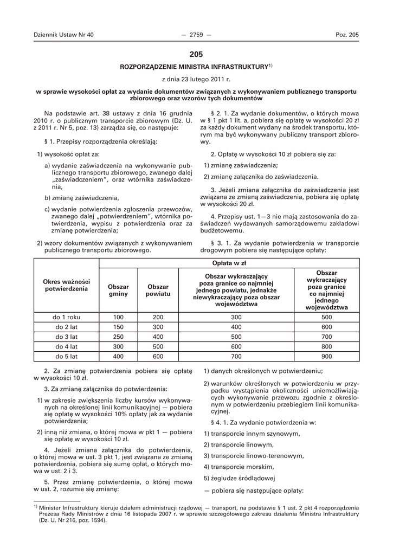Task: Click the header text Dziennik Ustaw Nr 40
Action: click(x=63, y=35)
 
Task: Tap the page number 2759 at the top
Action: click(x=196, y=35)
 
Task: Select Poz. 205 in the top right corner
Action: click(x=347, y=35)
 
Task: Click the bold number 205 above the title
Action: click(x=196, y=54)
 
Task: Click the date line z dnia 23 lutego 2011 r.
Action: click(x=196, y=79)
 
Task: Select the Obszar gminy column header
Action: click(x=118, y=289)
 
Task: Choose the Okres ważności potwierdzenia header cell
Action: click(x=66, y=285)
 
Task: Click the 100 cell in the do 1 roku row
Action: click(x=118, y=317)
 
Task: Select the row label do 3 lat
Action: click(x=66, y=337)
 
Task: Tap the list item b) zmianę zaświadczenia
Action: click(x=81, y=197)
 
